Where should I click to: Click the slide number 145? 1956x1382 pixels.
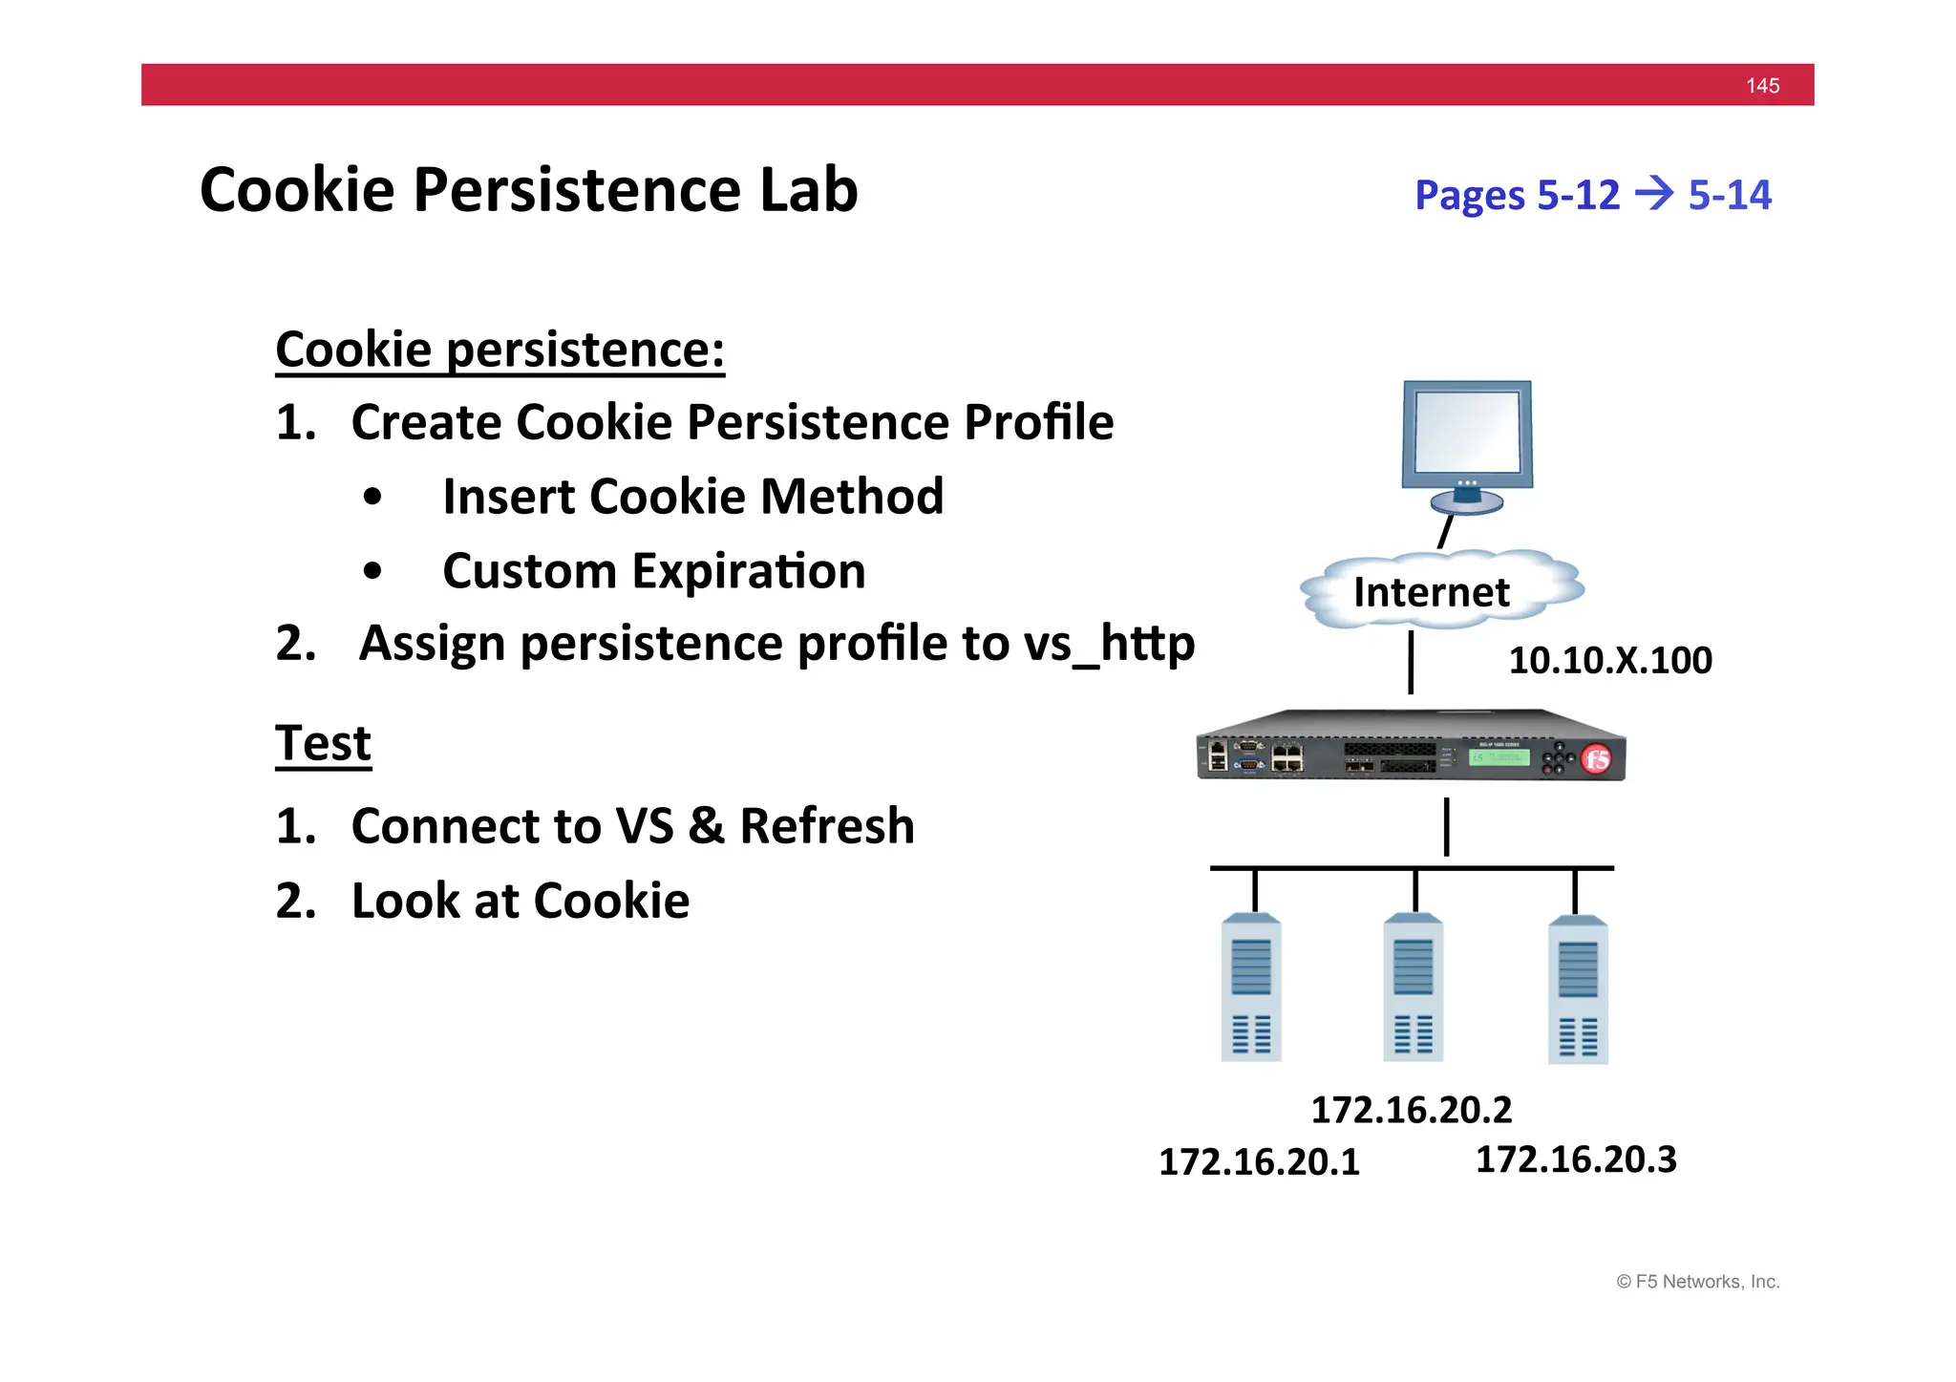click(x=1762, y=86)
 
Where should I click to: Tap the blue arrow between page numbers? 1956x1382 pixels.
click(x=1654, y=194)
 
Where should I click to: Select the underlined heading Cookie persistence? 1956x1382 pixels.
click(x=500, y=350)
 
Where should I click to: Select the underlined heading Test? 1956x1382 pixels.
click(x=323, y=743)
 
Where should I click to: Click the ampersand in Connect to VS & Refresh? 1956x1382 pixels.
click(x=706, y=826)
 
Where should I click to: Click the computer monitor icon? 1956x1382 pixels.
click(x=1467, y=445)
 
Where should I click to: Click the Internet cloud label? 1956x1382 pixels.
click(x=1432, y=592)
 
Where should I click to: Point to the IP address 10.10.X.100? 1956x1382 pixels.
click(x=1610, y=660)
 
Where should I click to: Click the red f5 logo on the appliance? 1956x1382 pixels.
click(x=1596, y=759)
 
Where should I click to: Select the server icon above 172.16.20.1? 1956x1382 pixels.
click(x=1251, y=989)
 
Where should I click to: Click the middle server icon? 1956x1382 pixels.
click(x=1413, y=989)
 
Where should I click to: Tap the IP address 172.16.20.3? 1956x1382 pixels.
click(x=1576, y=1159)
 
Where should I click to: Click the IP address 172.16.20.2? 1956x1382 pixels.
click(x=1412, y=1110)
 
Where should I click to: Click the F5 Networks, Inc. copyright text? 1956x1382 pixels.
click(x=1697, y=1282)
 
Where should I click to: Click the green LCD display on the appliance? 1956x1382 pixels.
click(x=1499, y=757)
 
